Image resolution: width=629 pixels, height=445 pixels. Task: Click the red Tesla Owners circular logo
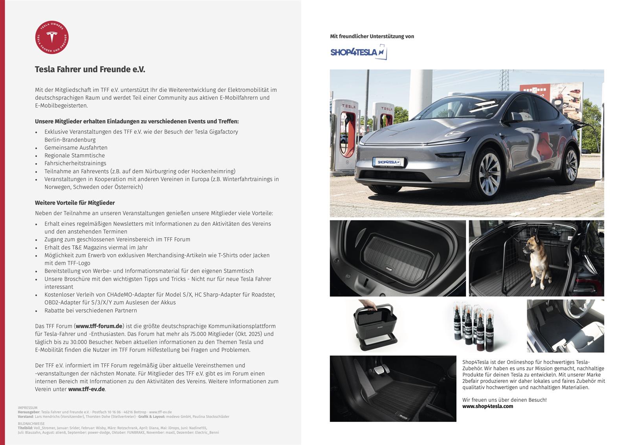[x=52, y=37]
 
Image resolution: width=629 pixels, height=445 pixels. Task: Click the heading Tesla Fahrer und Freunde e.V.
[x=90, y=70]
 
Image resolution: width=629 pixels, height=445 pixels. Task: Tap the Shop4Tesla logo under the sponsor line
[x=358, y=52]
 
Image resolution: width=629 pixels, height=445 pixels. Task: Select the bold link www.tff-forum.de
[x=99, y=326]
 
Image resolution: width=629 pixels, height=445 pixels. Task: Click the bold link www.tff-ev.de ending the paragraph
[x=86, y=389]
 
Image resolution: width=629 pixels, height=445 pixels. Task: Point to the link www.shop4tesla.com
[x=487, y=406]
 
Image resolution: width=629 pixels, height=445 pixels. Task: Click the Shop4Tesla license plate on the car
[x=388, y=162]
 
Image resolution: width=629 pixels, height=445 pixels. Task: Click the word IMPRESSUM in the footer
[x=28, y=408]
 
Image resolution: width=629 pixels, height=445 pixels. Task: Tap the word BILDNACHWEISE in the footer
[x=31, y=424]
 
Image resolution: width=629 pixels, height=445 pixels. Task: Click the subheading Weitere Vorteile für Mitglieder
[x=75, y=203]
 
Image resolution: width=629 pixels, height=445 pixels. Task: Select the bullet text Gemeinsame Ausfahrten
[x=76, y=148]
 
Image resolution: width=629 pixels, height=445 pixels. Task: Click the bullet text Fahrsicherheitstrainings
[x=75, y=163]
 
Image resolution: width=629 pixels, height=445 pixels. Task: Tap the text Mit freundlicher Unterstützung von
[x=372, y=37]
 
